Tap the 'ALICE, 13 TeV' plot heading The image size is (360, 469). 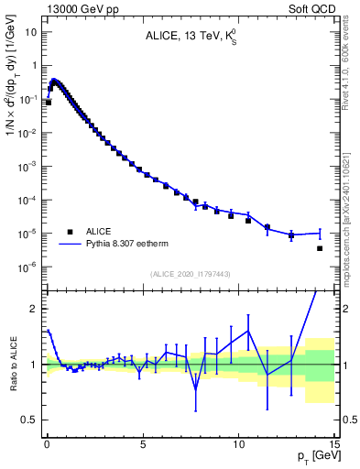[190, 38]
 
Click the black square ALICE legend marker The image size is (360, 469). [70, 232]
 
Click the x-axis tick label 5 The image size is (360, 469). [143, 439]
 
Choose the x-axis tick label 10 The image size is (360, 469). [238, 439]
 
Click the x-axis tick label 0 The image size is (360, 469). [47, 439]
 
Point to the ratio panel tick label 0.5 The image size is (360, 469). [31, 420]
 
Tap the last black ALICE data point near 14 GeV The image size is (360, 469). [320, 248]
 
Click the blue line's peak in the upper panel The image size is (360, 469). [54, 80]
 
